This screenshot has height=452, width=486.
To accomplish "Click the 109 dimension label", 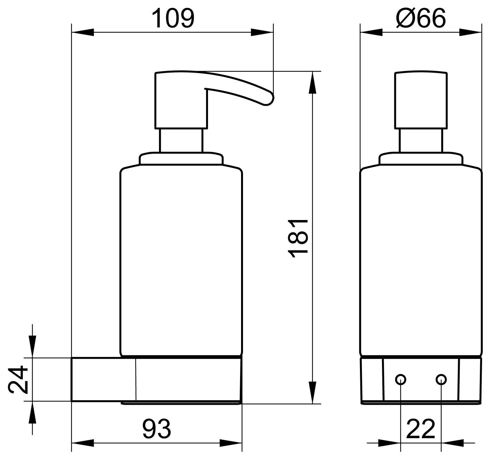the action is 173,18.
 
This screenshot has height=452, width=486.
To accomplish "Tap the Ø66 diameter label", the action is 421,18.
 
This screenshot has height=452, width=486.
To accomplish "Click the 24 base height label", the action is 18,380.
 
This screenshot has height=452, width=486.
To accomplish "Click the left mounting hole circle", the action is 400,380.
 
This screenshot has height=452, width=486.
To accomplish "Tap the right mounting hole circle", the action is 441,380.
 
